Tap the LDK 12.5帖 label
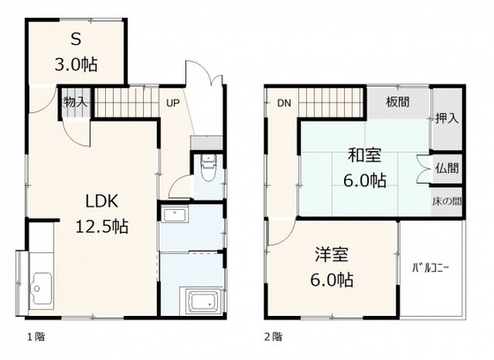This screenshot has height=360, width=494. coord(95,212)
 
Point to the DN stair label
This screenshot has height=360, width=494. coord(283,102)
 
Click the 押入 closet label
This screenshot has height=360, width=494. coord(446,119)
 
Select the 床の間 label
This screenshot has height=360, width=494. coord(446,201)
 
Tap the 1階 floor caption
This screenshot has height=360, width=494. coord(34,336)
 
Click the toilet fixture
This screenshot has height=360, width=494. coord(208,165)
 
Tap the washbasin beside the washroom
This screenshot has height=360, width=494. coord(172,216)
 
